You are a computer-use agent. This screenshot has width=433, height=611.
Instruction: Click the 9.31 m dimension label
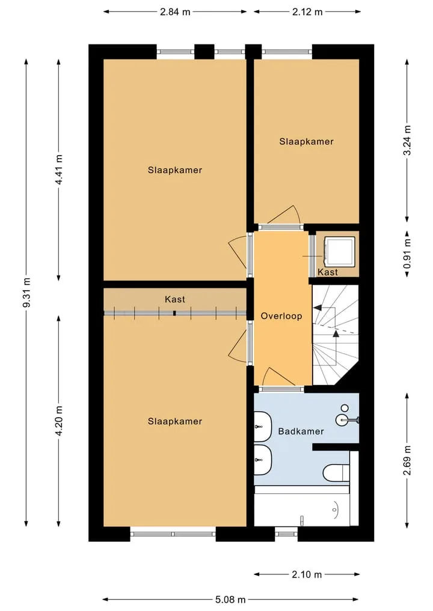pyautogui.click(x=26, y=292)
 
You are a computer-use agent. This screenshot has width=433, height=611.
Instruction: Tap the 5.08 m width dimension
pyautogui.click(x=230, y=600)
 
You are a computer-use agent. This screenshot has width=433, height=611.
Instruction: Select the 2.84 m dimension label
pyautogui.click(x=175, y=11)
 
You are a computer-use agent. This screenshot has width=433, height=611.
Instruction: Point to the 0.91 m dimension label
pyautogui.click(x=407, y=254)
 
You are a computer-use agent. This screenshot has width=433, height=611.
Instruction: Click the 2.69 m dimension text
pyautogui.click(x=407, y=460)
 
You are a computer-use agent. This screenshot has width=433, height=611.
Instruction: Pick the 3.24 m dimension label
pyautogui.click(x=407, y=140)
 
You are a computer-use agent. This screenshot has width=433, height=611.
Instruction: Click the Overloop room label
pyautogui.click(x=281, y=316)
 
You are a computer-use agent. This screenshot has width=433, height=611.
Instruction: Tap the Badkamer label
pyautogui.click(x=301, y=431)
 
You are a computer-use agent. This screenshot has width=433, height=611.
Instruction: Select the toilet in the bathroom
pyautogui.click(x=336, y=473)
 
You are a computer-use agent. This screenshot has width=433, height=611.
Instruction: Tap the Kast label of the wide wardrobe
pyautogui.click(x=175, y=299)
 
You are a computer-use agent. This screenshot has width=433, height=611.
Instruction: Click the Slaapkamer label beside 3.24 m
pyautogui.click(x=306, y=141)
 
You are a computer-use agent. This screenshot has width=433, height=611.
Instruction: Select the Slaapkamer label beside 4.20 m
pyautogui.click(x=175, y=421)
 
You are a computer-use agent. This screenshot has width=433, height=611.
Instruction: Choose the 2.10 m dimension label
pyautogui.click(x=307, y=574)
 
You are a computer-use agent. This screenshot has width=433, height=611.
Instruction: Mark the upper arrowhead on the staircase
pyautogui.click(x=318, y=308)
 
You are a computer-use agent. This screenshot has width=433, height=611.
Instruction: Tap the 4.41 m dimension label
pyautogui.click(x=59, y=169)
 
